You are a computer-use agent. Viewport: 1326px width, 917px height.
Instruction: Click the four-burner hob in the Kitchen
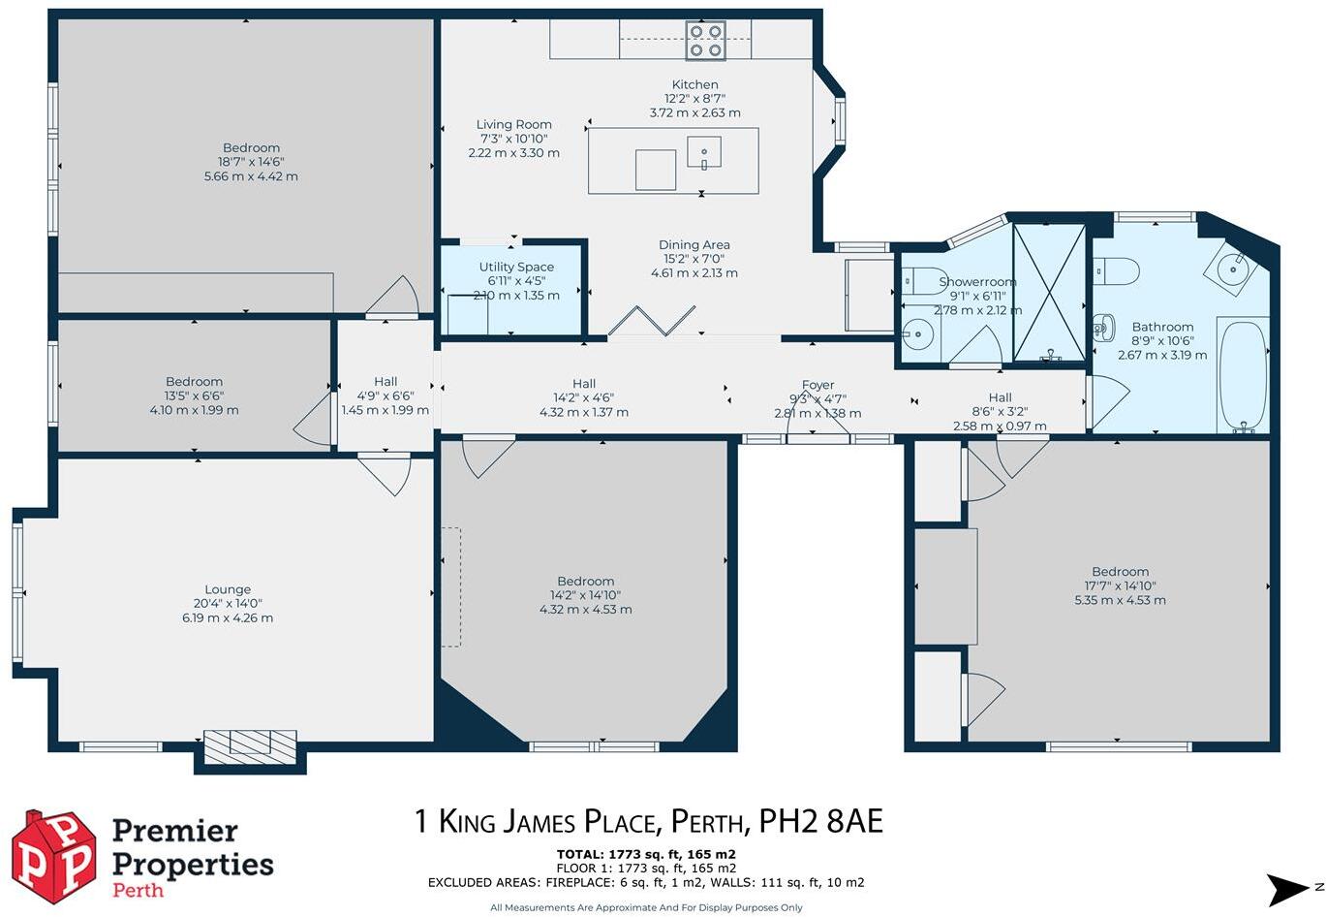705,40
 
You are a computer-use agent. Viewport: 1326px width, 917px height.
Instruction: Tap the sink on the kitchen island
705,152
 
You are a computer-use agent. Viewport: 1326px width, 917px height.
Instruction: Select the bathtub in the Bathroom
1243,376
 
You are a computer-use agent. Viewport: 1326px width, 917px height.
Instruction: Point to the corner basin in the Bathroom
1233,266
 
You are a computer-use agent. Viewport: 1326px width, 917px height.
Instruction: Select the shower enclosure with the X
1049,293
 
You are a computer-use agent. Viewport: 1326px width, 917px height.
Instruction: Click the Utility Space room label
516,267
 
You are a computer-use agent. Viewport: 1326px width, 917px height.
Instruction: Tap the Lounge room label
228,589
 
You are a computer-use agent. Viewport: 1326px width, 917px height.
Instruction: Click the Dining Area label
694,245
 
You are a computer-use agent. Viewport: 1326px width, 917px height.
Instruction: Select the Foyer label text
817,385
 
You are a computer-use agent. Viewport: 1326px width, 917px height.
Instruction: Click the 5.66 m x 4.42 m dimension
251,176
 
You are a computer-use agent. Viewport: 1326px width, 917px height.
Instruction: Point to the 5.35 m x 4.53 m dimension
1120,600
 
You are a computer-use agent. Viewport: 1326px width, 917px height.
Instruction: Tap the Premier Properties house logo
53,857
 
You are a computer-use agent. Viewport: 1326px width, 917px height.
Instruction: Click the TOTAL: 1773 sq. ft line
646,854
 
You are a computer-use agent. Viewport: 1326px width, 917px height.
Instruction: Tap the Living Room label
513,124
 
